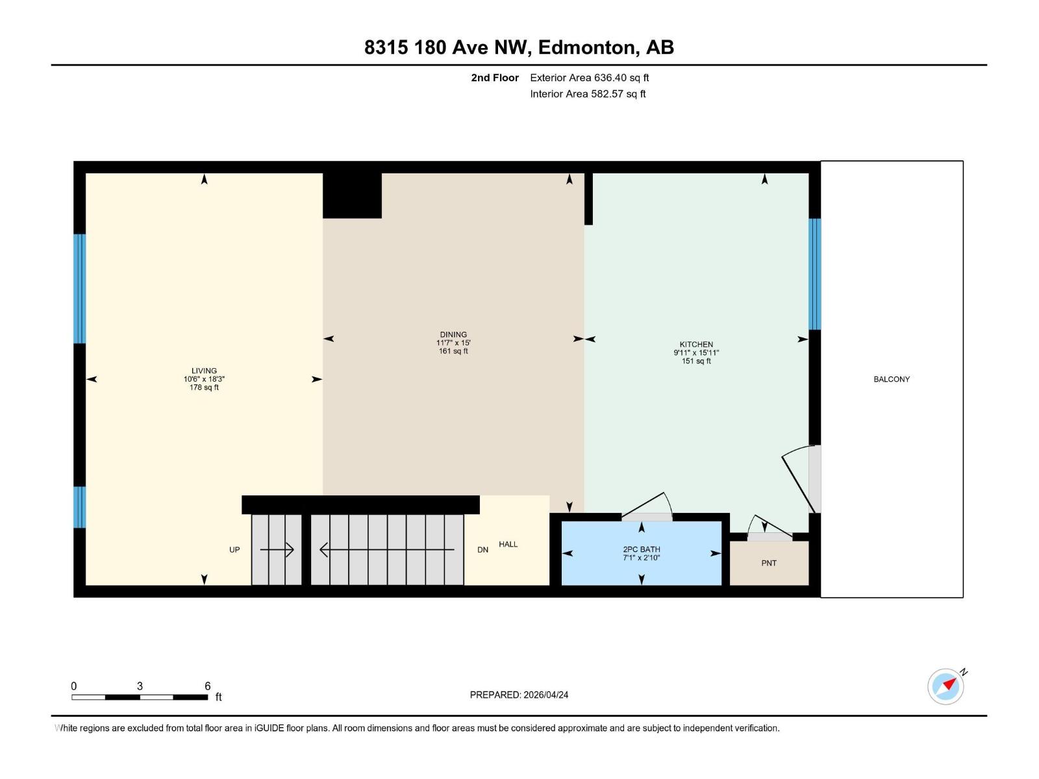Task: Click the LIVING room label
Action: coord(204,371)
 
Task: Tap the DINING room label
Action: coord(453,335)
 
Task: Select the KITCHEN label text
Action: coord(696,345)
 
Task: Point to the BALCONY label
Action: coord(891,379)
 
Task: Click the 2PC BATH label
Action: coord(641,549)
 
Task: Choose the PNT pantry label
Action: coord(769,563)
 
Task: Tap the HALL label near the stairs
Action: coord(508,544)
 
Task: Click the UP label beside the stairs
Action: coord(234,549)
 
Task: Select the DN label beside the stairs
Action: coord(482,549)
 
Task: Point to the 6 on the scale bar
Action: coord(208,686)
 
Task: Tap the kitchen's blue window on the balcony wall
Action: coord(814,274)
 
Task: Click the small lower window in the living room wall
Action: coord(79,507)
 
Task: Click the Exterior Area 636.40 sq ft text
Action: coord(589,78)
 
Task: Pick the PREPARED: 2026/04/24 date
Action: coord(519,695)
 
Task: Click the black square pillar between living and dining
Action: coord(352,195)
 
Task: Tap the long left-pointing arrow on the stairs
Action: coord(387,550)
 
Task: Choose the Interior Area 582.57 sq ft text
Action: coord(588,93)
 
